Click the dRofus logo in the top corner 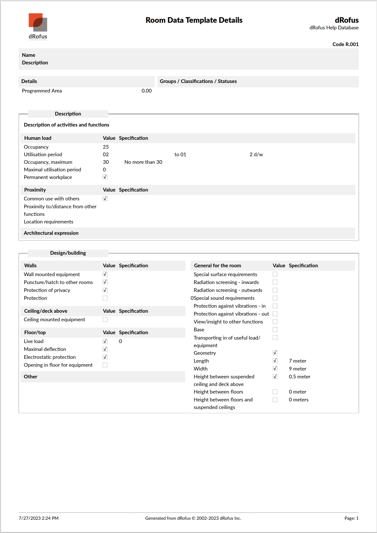click(x=38, y=27)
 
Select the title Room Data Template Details click(x=194, y=20)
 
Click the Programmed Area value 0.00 click(x=146, y=91)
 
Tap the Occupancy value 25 click(x=106, y=147)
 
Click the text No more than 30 click(x=143, y=162)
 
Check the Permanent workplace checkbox click(x=105, y=177)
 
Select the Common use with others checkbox click(x=105, y=198)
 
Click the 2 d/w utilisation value click(x=256, y=155)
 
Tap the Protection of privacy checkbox click(x=105, y=290)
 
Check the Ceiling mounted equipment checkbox click(x=105, y=320)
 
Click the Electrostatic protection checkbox click(x=105, y=357)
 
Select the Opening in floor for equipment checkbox click(x=105, y=365)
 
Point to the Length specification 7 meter click(x=297, y=361)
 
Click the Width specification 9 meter click(x=297, y=369)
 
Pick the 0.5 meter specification click(x=299, y=377)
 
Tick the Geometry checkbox click(x=275, y=353)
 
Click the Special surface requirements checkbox click(x=275, y=274)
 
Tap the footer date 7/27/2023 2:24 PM click(x=39, y=518)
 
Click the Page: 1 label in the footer click(x=351, y=518)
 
